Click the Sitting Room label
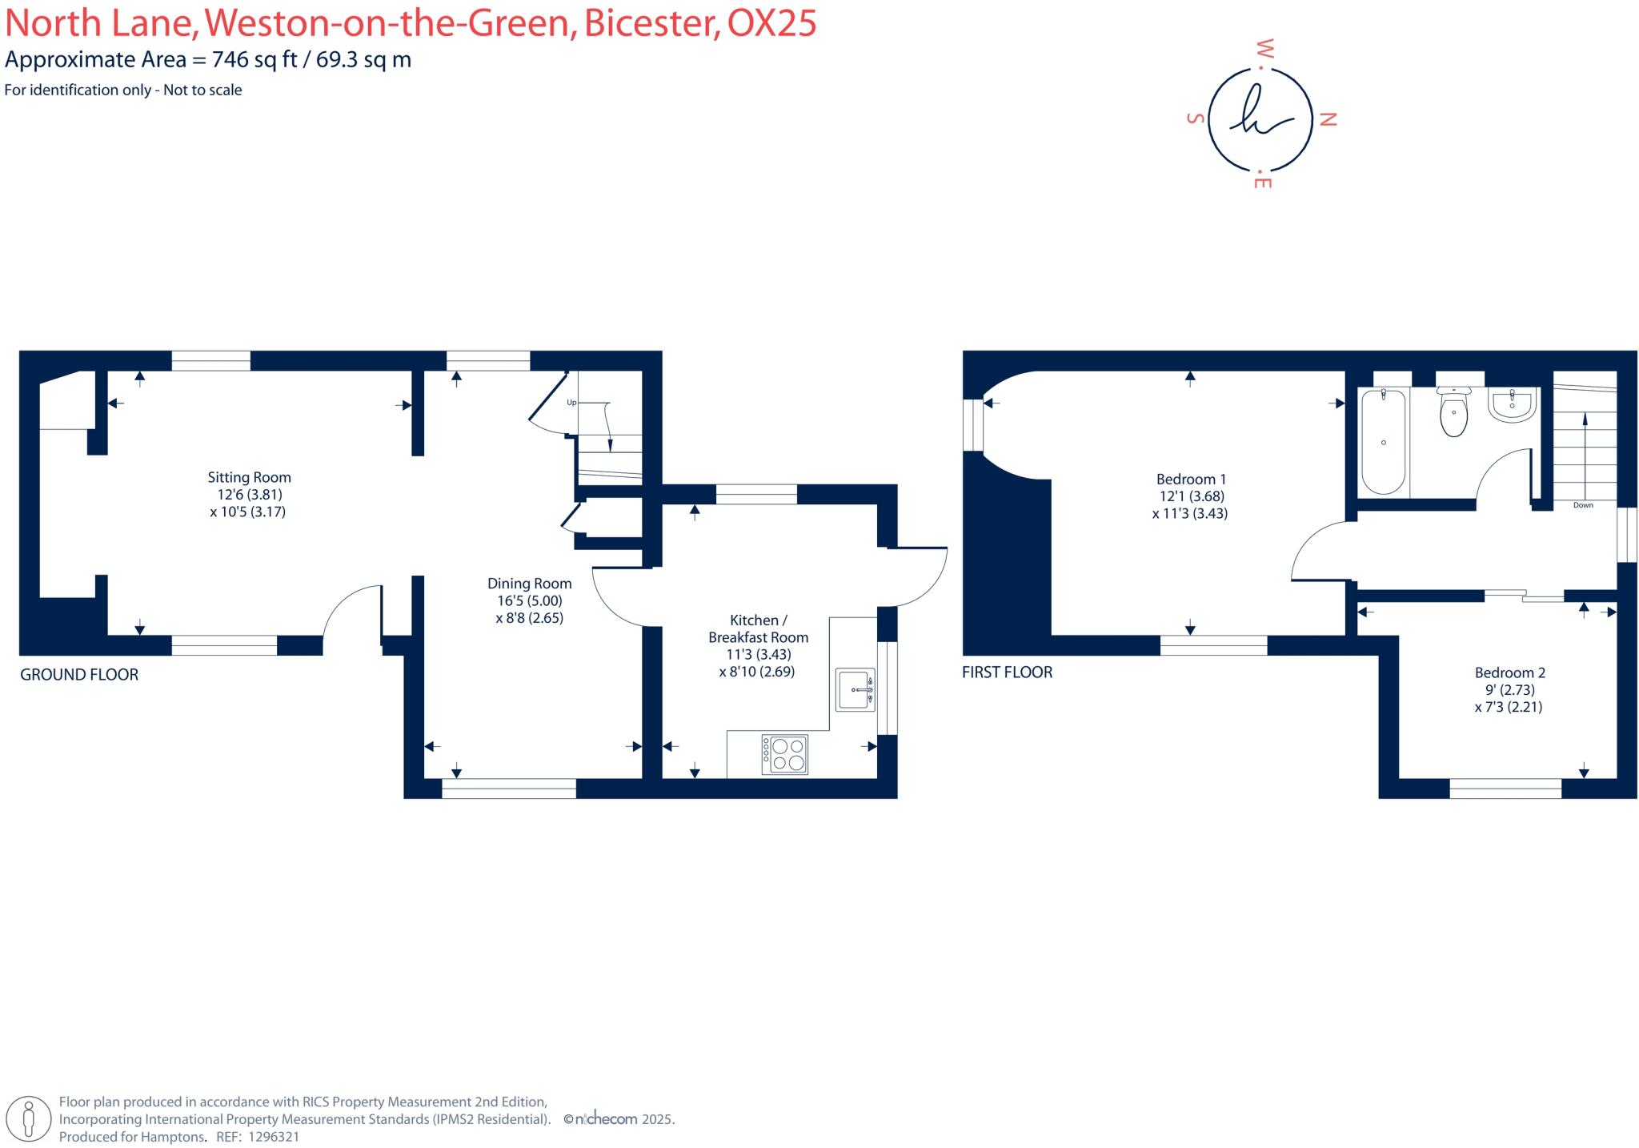249,477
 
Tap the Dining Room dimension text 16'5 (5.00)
529,600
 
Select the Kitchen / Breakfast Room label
758,628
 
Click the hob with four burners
785,754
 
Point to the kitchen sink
856,689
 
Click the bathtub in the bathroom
1383,441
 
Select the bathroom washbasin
1512,405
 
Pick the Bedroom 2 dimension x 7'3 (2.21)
1508,707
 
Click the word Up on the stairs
571,403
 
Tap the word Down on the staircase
1583,505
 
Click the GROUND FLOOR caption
79,675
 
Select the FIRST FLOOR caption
1007,672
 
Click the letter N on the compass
1328,120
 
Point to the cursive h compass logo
1260,120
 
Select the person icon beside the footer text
30,1118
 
